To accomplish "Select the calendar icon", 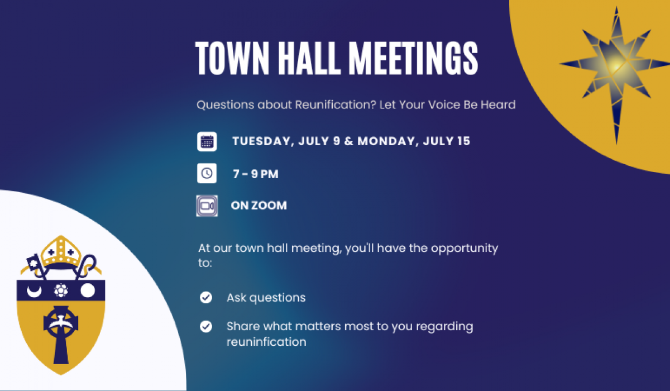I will click(x=207, y=141).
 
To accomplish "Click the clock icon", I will click(x=207, y=174).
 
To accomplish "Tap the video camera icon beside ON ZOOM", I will click(x=207, y=206).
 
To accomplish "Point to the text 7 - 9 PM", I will click(x=255, y=174).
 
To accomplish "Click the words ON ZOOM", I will click(x=259, y=206).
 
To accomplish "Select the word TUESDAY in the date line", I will click(x=262, y=141).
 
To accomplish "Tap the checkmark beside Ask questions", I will click(x=206, y=298).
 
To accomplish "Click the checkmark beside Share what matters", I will click(x=206, y=326).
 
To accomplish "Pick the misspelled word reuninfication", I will click(x=266, y=342).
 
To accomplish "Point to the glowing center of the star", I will click(x=615, y=67).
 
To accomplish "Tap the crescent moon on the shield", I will click(x=35, y=290).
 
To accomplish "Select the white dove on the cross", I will click(x=60, y=322).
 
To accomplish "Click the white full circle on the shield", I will click(x=88, y=290).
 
